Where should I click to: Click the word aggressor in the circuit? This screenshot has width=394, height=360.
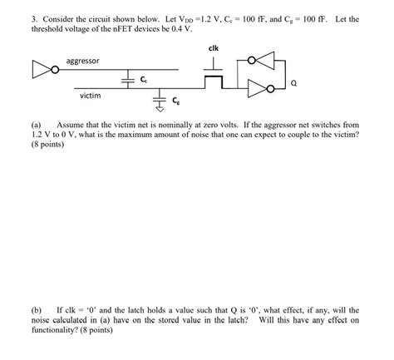coord(83,62)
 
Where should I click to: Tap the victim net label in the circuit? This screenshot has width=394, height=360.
coord(91,94)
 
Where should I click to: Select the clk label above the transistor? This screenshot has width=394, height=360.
coord(214,47)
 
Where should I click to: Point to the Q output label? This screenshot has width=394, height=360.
coord(294,84)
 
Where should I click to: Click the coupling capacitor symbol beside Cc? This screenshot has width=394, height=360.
coord(127,79)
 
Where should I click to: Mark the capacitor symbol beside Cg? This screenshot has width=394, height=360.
coord(160,101)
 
